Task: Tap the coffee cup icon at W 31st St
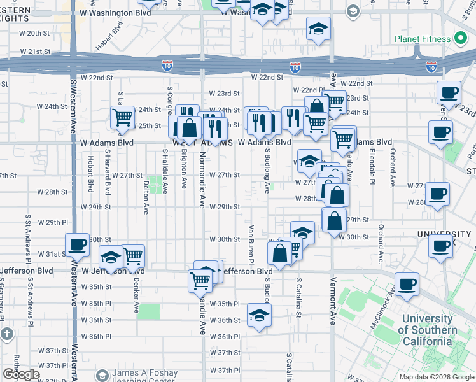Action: pos(78,244)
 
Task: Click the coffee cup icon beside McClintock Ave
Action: pos(407,284)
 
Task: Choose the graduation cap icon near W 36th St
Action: pos(259,315)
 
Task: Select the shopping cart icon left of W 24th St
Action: pos(122,117)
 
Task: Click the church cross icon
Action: pos(7,334)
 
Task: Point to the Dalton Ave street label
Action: pos(146,198)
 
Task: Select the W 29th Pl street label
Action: pos(53,222)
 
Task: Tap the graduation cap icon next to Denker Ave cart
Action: pos(111,257)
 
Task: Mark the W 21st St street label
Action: pos(35,51)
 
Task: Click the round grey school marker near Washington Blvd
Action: pos(353,11)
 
